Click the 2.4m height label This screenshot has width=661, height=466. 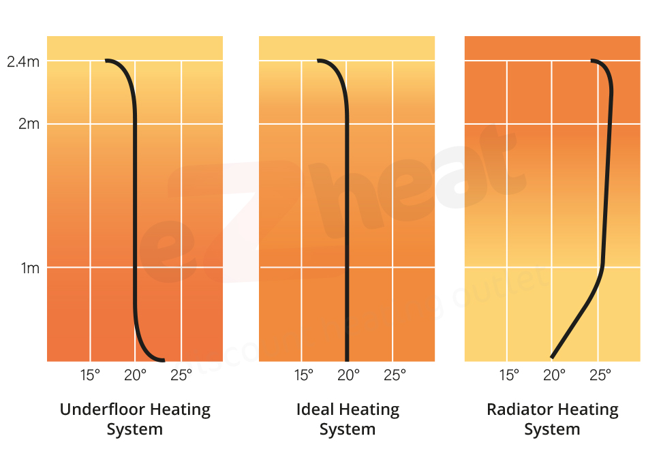tap(24, 62)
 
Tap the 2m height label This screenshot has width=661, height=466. tap(28, 125)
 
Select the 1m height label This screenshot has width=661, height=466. tap(29, 268)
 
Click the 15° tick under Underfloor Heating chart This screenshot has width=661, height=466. tap(90, 375)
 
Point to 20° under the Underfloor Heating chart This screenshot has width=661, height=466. tap(135, 375)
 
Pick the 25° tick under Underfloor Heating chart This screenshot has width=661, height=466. tap(181, 375)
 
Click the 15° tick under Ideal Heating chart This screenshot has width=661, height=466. tap(303, 375)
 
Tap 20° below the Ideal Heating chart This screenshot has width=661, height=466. tap(348, 375)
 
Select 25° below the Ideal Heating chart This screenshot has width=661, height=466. tap(394, 375)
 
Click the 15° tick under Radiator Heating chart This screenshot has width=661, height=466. tap(508, 375)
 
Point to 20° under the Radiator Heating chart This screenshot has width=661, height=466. tap(554, 375)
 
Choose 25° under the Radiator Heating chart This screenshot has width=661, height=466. tap(600, 375)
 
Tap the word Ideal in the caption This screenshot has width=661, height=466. tap(312, 409)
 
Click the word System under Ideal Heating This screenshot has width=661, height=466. tap(348, 430)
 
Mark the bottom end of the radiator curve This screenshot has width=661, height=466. tap(552, 356)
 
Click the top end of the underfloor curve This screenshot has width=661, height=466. tap(107, 61)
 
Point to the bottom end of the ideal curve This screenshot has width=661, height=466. tap(347, 359)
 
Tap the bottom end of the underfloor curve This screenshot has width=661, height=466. tap(164, 360)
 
